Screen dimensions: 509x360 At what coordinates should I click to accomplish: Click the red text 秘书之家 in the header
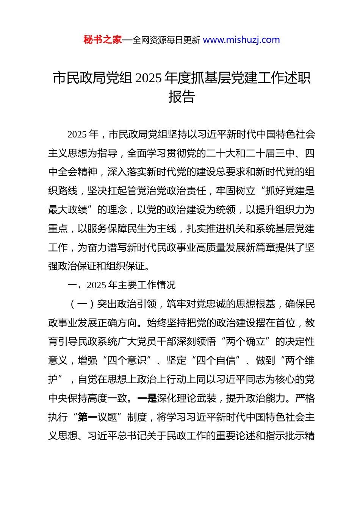click(103, 40)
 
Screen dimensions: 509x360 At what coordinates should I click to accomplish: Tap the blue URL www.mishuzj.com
click(241, 40)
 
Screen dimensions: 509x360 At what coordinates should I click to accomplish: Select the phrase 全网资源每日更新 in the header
click(166, 40)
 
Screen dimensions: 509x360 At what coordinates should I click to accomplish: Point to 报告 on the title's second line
click(181, 97)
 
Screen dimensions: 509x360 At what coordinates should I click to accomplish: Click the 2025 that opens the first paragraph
click(77, 134)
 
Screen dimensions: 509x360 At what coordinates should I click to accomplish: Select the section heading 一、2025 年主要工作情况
click(121, 285)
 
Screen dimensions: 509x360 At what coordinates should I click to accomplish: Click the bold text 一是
click(147, 398)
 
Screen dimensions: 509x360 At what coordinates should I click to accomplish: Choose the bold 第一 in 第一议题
click(88, 417)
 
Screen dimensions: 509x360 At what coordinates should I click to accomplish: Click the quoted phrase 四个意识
click(127, 361)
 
